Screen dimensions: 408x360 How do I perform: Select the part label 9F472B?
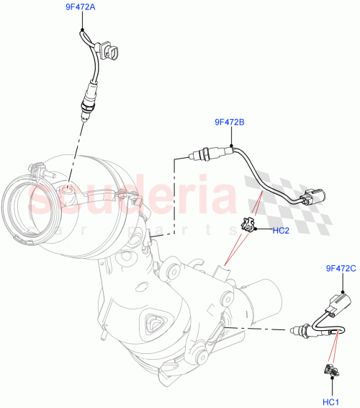tap(230, 123)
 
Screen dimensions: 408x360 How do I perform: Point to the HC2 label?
tap(281, 231)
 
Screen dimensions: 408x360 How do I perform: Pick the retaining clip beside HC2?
tap(250, 225)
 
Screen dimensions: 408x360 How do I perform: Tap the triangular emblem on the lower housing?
tap(153, 325)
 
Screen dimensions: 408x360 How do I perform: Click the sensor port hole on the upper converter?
tap(68, 192)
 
